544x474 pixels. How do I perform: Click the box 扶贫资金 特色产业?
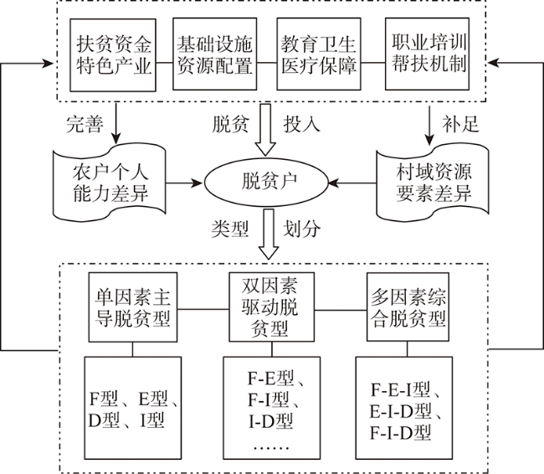pyautogui.click(x=114, y=54)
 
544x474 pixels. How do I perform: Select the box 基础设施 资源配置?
pyautogui.click(x=215, y=54)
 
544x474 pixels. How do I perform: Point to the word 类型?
pyautogui.click(x=230, y=228)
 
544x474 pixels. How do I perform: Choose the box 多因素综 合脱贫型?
pyautogui.click(x=408, y=307)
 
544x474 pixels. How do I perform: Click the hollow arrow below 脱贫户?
pyautogui.click(x=270, y=234)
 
